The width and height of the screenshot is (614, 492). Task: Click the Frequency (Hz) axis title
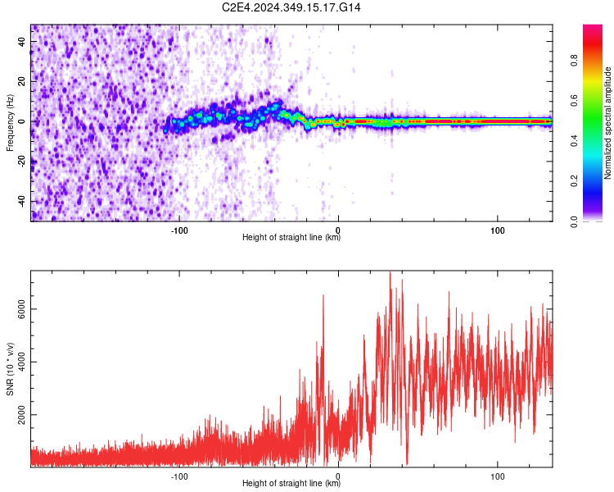point(11,122)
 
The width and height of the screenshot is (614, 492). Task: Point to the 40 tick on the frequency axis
point(21,42)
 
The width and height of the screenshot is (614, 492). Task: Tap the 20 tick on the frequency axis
point(21,82)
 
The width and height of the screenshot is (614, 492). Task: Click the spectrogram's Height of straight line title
point(291,237)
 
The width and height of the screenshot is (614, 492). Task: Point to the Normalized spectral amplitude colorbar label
point(608,123)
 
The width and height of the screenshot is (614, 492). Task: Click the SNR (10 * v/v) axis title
point(11,367)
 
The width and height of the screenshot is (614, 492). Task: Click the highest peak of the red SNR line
point(390,272)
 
